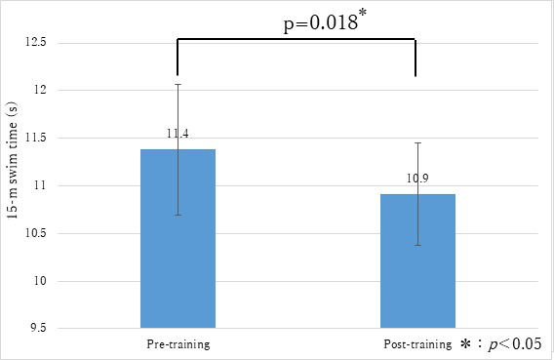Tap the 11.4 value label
(177, 132)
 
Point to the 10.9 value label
(417, 180)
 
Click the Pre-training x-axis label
(178, 344)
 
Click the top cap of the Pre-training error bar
(178, 85)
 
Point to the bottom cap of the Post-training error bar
(417, 245)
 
